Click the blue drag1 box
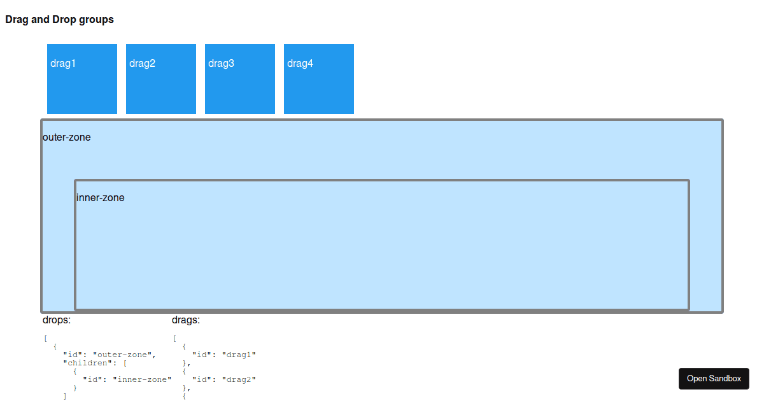pyautogui.click(x=82, y=79)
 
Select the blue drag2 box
pyautogui.click(x=161, y=79)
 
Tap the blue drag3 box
pyautogui.click(x=240, y=79)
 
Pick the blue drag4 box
pyautogui.click(x=319, y=79)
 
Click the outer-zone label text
pyautogui.click(x=66, y=137)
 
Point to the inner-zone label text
pyautogui.click(x=101, y=198)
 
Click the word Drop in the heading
pyautogui.click(x=64, y=20)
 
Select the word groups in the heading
pyautogui.click(x=96, y=20)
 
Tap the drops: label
pyautogui.click(x=57, y=320)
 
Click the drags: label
pyautogui.click(x=186, y=320)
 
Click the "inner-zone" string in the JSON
pyautogui.click(x=142, y=379)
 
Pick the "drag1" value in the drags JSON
pyautogui.click(x=239, y=355)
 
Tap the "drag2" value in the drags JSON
pyautogui.click(x=239, y=379)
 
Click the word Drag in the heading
pyautogui.click(x=17, y=20)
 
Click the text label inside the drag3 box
pyautogui.click(x=221, y=64)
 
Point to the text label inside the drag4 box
pyautogui.click(x=300, y=64)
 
